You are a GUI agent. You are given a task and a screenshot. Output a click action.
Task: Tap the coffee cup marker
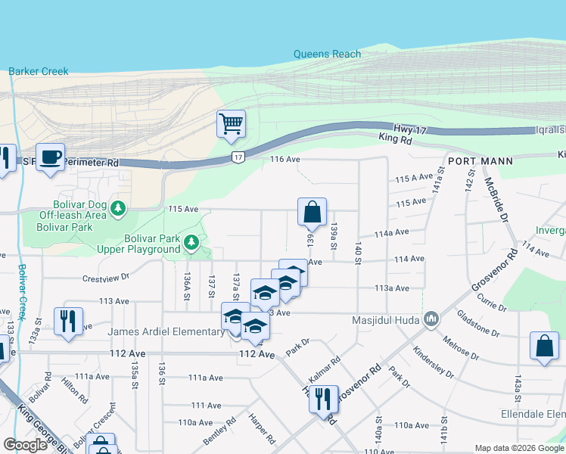pyautogui.click(x=50, y=157)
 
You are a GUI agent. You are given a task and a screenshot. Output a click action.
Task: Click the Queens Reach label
pyautogui.click(x=328, y=54)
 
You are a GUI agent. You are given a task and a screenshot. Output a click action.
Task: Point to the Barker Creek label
pyautogui.click(x=39, y=72)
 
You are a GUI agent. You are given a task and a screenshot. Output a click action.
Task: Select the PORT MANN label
pyautogui.click(x=480, y=161)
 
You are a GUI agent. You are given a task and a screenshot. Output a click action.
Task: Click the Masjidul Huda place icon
pyautogui.click(x=431, y=319)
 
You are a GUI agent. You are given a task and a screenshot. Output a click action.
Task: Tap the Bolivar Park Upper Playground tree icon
pyautogui.click(x=192, y=243)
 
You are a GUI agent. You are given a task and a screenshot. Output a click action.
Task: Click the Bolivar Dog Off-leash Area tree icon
pyautogui.click(x=117, y=207)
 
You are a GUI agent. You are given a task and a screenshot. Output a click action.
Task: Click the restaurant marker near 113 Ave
pyautogui.click(x=68, y=321)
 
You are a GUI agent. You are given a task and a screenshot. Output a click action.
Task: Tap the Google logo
pyautogui.click(x=25, y=445)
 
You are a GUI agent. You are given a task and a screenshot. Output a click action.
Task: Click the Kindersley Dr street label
pyautogui.click(x=434, y=362)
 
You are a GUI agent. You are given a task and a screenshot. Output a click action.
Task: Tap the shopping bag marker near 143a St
pyautogui.click(x=544, y=347)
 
